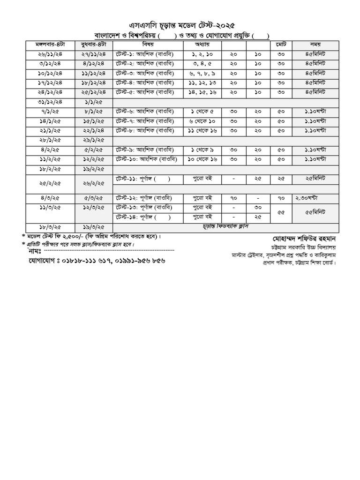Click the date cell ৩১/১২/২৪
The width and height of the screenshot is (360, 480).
point(46,102)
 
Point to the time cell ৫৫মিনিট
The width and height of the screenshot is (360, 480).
point(315,212)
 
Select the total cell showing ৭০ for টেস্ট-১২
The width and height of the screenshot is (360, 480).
point(281,198)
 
